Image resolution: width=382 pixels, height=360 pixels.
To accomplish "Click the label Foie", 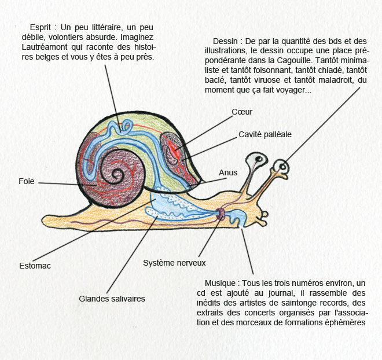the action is [x=26, y=181].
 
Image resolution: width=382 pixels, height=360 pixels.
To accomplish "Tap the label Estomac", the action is [x=35, y=266].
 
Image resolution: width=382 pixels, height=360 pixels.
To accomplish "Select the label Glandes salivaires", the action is [x=112, y=299].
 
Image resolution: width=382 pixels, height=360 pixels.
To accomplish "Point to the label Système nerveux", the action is [x=174, y=263].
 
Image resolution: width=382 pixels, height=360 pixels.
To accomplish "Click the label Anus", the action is [x=228, y=172].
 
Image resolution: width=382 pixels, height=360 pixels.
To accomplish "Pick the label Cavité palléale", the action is [x=265, y=134].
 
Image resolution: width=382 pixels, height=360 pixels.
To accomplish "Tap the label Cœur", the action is [x=242, y=112].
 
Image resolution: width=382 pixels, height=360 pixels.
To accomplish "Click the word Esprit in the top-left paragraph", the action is [x=41, y=27].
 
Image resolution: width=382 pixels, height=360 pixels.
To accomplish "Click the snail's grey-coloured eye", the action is [x=256, y=160].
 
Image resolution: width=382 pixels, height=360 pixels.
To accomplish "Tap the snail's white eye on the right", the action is [x=281, y=167].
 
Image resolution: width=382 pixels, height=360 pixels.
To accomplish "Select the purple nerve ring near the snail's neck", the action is [x=221, y=214].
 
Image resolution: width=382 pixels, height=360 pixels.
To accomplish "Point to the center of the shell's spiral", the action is [x=117, y=174].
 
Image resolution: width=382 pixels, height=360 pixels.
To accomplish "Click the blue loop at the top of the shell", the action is [x=127, y=126].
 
